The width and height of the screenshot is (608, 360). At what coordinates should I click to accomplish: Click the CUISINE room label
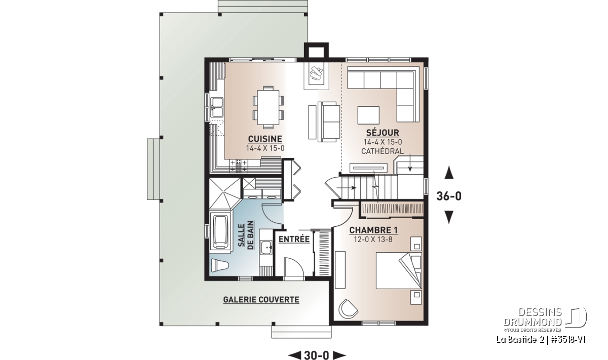(265, 139)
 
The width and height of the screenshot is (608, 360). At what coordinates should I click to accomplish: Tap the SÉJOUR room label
(383, 133)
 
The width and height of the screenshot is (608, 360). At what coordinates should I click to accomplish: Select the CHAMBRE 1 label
(373, 230)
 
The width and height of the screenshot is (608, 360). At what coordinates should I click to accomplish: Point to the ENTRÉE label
(294, 239)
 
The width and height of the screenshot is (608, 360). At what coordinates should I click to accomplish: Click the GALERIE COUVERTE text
(261, 300)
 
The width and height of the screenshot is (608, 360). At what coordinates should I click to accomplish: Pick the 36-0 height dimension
(449, 196)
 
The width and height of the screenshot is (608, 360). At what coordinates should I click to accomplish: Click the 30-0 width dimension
(317, 354)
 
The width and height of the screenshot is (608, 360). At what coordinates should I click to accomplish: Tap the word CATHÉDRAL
(383, 151)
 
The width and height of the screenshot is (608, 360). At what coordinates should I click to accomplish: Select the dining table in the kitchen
(268, 107)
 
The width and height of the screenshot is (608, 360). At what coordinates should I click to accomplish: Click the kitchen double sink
(217, 108)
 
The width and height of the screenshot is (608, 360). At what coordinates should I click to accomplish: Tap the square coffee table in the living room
(368, 115)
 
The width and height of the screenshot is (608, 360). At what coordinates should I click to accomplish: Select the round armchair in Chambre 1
(348, 309)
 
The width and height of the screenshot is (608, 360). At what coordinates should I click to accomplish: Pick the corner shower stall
(225, 194)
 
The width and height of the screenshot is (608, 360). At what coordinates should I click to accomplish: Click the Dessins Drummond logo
(546, 319)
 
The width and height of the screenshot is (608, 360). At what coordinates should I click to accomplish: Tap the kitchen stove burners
(239, 166)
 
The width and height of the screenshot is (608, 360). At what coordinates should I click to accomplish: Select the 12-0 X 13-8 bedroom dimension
(373, 239)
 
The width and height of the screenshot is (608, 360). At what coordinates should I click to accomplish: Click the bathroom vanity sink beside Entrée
(265, 248)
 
